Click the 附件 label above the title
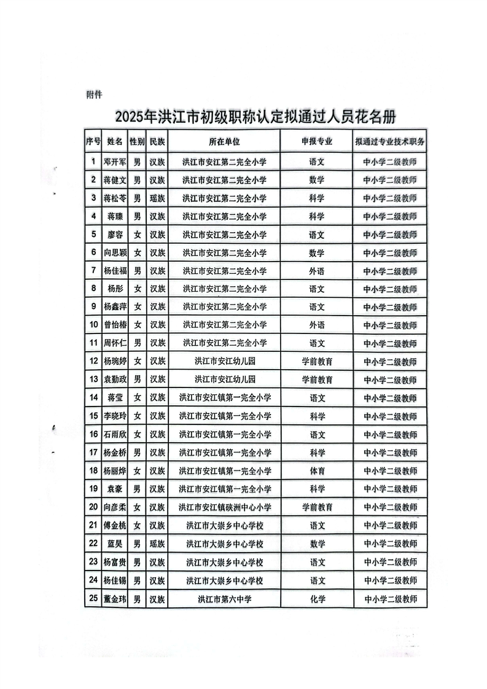coord(94,95)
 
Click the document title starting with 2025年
coord(255,117)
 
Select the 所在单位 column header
coord(224,141)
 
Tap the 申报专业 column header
coord(317,141)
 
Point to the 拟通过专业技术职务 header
coord(390,141)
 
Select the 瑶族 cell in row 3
coord(157,198)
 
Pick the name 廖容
coord(115,235)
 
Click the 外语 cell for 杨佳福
coord(317,271)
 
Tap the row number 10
coord(93,325)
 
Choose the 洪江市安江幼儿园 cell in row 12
coord(224,362)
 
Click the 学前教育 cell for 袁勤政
coord(317,380)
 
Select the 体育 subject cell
coord(317,471)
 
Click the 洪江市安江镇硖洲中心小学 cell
coord(224,507)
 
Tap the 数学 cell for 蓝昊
coord(317,543)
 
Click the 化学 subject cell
coord(317,599)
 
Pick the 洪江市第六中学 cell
coord(224,599)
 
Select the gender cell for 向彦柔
coord(138,507)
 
